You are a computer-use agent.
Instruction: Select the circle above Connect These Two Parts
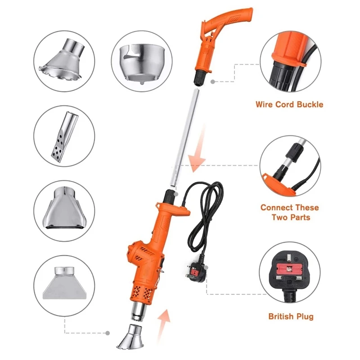tap(290, 167)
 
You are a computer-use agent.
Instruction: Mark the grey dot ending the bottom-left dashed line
tap(108, 333)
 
